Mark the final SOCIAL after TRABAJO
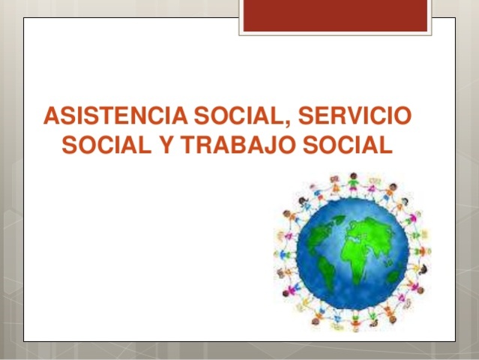346,145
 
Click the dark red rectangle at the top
336,16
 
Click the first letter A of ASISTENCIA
52,118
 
